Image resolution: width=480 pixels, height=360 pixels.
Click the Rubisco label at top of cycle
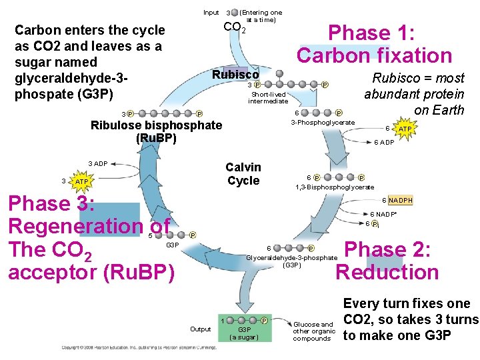click(x=235, y=75)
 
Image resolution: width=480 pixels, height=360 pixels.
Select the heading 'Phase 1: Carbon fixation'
click(x=374, y=44)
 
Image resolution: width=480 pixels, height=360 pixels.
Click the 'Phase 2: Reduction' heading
click(x=387, y=261)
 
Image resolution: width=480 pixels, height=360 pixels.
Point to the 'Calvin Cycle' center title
click(x=243, y=174)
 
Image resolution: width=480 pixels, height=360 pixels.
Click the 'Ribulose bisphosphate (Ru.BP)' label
click(x=156, y=132)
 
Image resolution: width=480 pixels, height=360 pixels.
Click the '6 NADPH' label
click(x=397, y=201)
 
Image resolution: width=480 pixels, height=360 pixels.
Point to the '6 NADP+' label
click(x=383, y=214)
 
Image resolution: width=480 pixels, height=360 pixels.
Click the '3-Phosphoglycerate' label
click(x=323, y=123)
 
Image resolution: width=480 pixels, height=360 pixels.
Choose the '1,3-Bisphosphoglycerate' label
click(x=335, y=187)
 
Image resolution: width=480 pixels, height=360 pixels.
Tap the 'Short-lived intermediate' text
click(x=268, y=97)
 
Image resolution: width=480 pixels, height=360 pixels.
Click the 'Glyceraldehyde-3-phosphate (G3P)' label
click(x=292, y=261)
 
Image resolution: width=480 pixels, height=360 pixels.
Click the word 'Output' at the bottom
click(x=200, y=329)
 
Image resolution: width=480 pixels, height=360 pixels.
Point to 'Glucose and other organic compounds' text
click(x=314, y=331)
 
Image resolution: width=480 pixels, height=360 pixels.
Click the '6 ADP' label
click(x=383, y=142)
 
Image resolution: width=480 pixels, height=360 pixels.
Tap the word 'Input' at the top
click(x=211, y=12)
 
